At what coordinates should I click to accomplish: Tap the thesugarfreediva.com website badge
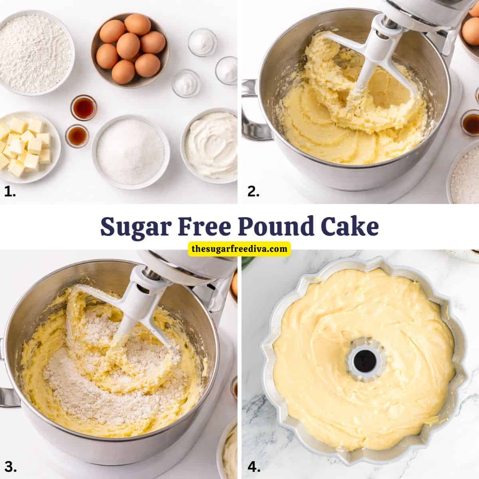239,249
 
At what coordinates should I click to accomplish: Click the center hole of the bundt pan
363,355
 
